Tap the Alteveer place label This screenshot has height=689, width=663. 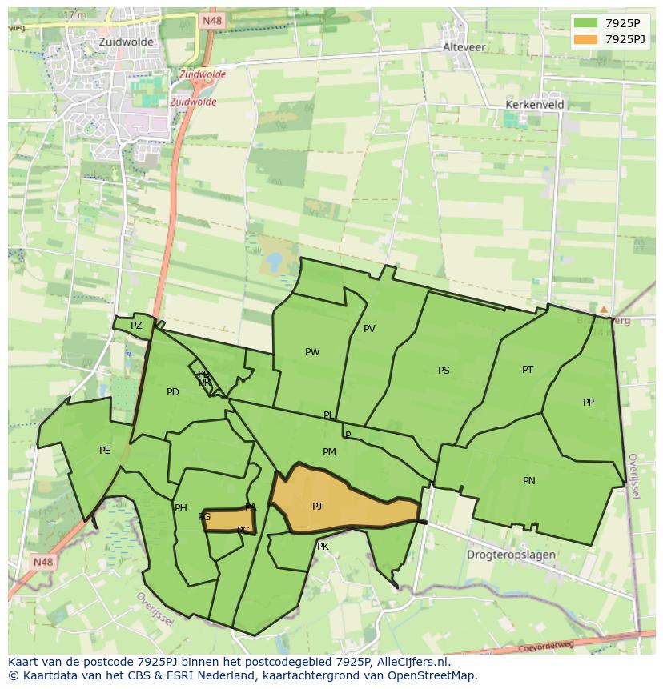point(464,47)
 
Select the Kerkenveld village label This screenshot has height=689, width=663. point(535,105)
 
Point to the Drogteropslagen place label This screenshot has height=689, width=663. point(511,555)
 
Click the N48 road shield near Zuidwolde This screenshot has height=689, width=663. point(211,21)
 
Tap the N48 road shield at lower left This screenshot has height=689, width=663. point(42,563)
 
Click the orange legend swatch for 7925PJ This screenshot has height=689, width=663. point(585,38)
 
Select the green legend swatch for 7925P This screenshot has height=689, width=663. point(585,23)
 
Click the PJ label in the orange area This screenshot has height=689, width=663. point(317,506)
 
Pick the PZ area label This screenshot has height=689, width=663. point(136,326)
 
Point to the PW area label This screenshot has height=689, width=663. point(312,352)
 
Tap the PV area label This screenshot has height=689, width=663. point(369,329)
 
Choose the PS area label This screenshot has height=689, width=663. point(444,371)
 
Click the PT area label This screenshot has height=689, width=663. point(528,370)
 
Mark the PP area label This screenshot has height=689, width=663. point(589,403)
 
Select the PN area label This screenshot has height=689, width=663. point(529,481)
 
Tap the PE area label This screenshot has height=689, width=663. point(105,451)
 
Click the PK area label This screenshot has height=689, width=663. point(323,547)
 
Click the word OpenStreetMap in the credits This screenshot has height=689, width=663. point(432,675)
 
